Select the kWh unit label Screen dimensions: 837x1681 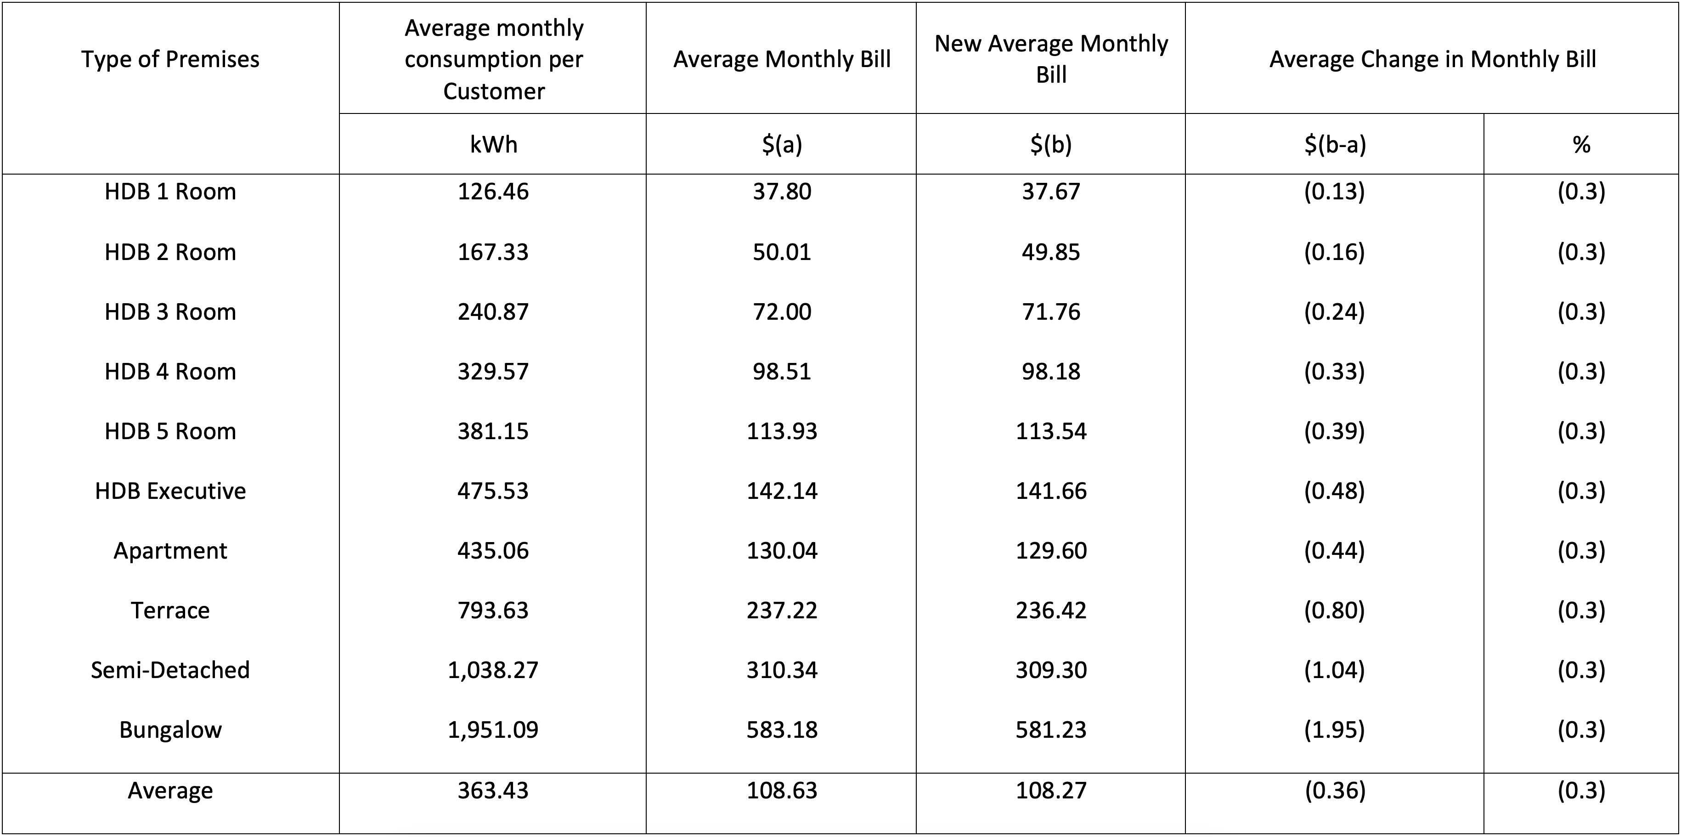click(x=493, y=144)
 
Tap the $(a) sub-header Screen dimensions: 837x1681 click(x=781, y=144)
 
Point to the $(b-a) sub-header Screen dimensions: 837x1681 click(x=1335, y=144)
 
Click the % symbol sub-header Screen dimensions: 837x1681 click(x=1581, y=144)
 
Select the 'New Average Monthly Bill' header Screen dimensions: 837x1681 click(x=1051, y=59)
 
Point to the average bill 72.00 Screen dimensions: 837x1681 click(x=781, y=312)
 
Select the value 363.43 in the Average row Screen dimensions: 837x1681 click(x=493, y=791)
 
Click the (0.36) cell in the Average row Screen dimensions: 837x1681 click(x=1335, y=791)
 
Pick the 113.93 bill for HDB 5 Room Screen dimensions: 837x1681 click(x=781, y=431)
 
